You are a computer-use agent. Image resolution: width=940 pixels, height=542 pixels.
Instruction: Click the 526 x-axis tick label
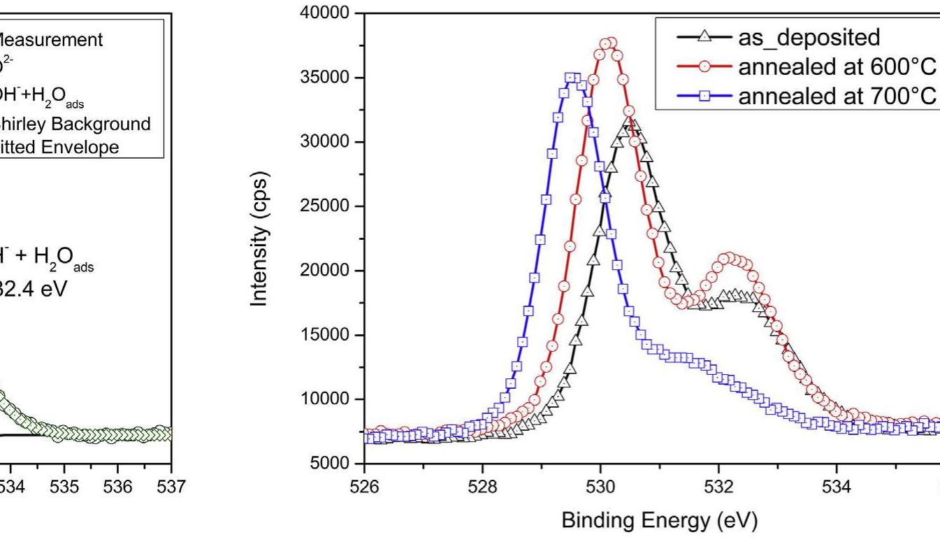[x=364, y=485]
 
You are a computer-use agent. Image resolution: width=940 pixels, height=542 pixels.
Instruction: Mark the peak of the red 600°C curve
[x=609, y=43]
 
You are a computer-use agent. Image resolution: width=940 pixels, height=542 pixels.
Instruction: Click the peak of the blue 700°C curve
[x=572, y=78]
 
